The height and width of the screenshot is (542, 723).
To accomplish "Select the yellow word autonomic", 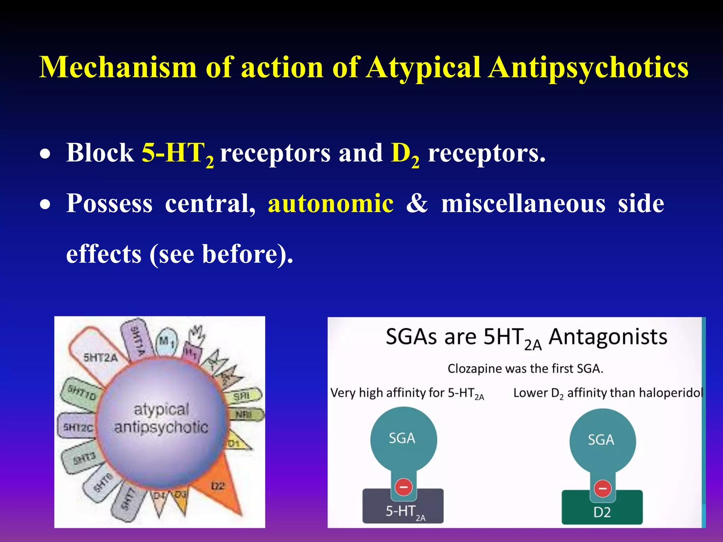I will tap(331, 204).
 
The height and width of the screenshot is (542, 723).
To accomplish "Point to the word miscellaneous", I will tap(523, 204).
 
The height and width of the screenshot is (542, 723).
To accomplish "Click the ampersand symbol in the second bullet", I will tap(417, 204).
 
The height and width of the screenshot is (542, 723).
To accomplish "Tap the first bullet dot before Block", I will tap(45, 155).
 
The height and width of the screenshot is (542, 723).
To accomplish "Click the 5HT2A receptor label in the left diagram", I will tap(100, 357).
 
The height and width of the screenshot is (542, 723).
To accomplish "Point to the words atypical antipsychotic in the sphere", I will tap(161, 418).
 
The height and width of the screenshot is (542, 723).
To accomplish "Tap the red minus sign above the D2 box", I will tap(603, 489).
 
